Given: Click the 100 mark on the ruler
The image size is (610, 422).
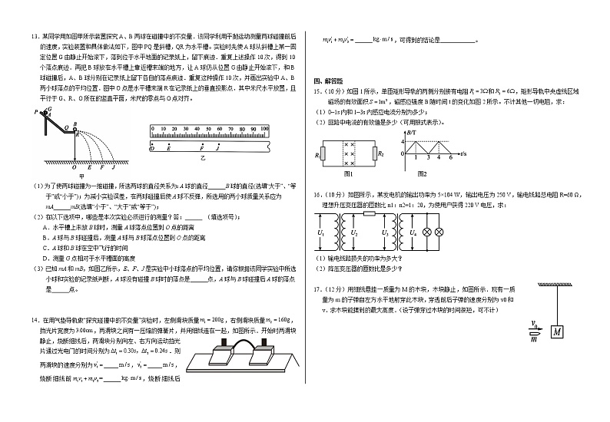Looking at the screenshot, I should (x=264, y=128).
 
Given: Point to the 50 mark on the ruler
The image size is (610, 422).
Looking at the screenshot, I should (x=207, y=128).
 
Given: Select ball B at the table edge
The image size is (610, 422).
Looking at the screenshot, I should (x=77, y=131).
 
